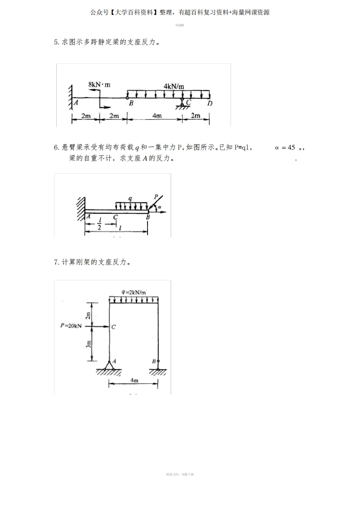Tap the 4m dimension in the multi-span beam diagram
(157, 116)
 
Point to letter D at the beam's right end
(209, 103)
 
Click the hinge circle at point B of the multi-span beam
(128, 97)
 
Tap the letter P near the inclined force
(156, 196)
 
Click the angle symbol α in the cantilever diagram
(159, 208)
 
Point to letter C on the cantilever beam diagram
(115, 217)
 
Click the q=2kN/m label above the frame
(133, 292)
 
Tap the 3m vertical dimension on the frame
(89, 345)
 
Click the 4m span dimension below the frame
(134, 380)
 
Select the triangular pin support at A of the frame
(109, 365)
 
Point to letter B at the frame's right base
(154, 362)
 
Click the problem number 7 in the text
(56, 262)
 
